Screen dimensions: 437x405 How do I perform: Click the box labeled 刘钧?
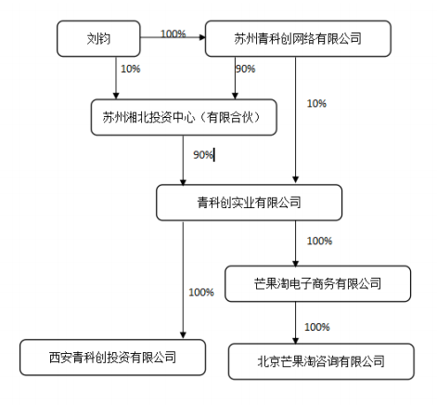(x=98, y=39)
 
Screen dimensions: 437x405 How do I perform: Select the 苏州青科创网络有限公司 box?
(x=298, y=39)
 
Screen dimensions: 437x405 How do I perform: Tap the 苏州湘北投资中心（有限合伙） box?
(x=184, y=117)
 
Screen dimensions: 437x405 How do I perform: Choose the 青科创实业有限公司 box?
(x=250, y=202)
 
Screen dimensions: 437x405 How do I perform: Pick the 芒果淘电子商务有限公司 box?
(x=318, y=283)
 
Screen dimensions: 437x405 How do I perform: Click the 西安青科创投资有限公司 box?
(x=113, y=358)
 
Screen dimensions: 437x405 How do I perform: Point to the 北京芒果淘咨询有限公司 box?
(x=321, y=361)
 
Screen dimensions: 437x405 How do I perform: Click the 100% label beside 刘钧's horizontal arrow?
(x=174, y=33)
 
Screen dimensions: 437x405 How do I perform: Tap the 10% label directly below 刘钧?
(x=131, y=69)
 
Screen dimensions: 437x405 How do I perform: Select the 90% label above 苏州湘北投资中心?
(x=246, y=69)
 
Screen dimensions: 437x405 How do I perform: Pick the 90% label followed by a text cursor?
(x=203, y=155)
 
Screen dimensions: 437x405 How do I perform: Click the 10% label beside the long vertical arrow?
(x=316, y=103)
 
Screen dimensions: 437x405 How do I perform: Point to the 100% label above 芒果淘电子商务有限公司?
(x=319, y=241)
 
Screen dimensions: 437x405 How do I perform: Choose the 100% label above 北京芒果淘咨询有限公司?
(x=317, y=327)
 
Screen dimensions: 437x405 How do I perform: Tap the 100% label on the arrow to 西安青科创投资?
(x=201, y=293)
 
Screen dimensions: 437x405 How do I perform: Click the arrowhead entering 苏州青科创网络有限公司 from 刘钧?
(x=202, y=37)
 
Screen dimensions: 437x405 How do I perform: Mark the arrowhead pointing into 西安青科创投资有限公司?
(x=183, y=335)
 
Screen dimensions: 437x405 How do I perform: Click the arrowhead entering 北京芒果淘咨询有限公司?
(x=295, y=340)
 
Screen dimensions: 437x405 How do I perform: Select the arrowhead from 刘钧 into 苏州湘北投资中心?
(x=116, y=96)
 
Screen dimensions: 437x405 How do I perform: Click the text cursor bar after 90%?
(x=214, y=155)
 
